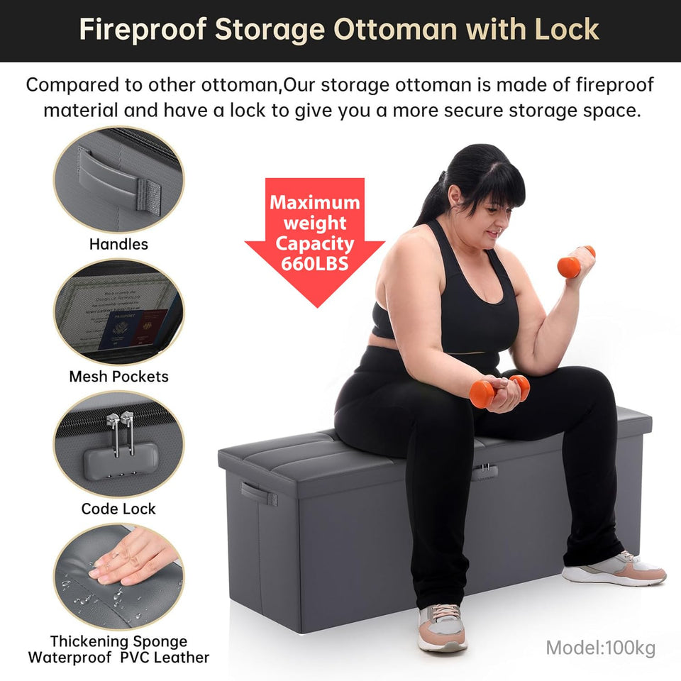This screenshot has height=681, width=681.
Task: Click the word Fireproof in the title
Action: coord(141,30)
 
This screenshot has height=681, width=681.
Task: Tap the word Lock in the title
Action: coord(564,30)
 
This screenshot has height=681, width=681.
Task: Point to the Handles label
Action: coord(118,244)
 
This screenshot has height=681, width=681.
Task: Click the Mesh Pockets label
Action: coord(118,377)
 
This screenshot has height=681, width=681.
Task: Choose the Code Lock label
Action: coord(118,509)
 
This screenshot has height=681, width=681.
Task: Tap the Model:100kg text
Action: coord(600,647)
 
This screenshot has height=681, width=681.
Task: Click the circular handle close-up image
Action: coord(118,179)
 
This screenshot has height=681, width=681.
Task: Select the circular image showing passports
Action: coord(118,312)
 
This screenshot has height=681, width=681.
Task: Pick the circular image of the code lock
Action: coord(118,444)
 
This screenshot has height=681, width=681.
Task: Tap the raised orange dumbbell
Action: coord(575,262)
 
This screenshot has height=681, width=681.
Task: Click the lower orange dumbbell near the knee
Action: coord(499,391)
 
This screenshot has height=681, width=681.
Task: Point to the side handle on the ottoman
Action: coord(258,493)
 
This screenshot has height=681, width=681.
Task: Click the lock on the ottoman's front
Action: coord(485,471)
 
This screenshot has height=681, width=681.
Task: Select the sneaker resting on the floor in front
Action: coord(442,627)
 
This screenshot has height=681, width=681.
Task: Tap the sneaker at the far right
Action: coord(614,568)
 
